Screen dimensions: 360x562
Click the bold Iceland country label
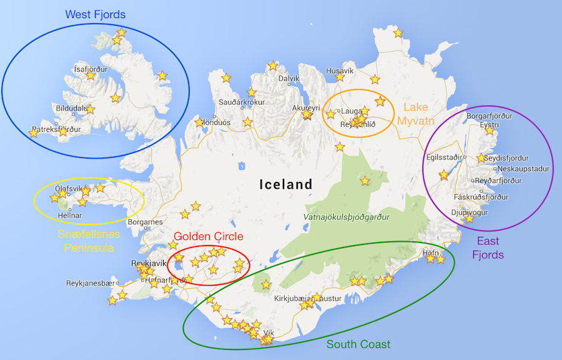(x=286, y=184)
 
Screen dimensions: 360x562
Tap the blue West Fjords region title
(x=95, y=14)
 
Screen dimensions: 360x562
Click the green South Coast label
(x=358, y=344)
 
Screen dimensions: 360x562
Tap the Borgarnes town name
(x=145, y=222)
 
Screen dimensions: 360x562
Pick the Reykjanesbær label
(x=92, y=283)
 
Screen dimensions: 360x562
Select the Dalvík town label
(x=289, y=79)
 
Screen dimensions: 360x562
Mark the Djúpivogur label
(x=471, y=211)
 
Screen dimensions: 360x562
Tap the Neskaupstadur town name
(x=521, y=169)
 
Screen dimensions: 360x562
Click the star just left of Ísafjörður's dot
(x=91, y=76)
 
